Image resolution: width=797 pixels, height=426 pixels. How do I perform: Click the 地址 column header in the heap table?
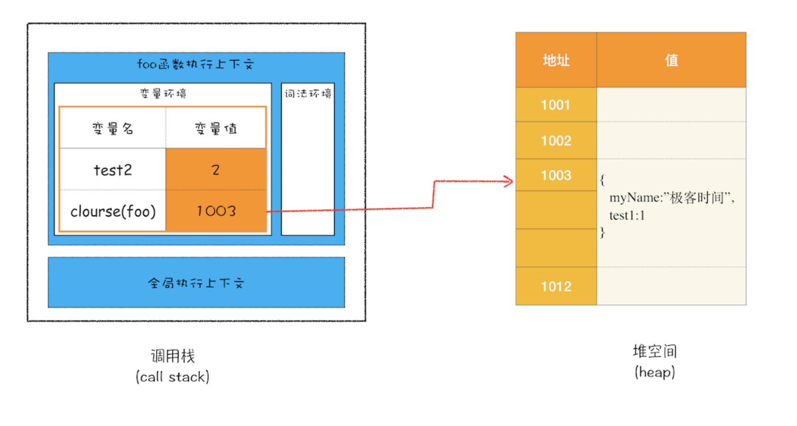(556, 60)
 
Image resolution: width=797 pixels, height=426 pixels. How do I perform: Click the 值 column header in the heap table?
(671, 60)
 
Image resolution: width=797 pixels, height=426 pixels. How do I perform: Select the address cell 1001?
(556, 104)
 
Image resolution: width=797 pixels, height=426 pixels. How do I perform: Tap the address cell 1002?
(556, 140)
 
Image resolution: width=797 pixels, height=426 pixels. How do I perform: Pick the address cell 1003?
(556, 175)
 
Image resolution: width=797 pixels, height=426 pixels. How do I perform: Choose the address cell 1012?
(556, 286)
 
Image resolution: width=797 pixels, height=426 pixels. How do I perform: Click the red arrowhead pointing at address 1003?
(509, 181)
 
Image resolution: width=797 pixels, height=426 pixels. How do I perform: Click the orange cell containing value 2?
(216, 169)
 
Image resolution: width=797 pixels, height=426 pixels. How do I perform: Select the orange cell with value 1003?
(216, 211)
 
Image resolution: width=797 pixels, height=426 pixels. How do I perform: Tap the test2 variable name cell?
(113, 169)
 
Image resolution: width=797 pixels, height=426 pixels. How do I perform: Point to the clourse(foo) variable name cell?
(113, 211)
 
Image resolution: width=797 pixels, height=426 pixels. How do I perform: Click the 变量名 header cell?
(113, 128)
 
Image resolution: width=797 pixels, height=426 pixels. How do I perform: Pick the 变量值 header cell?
(216, 128)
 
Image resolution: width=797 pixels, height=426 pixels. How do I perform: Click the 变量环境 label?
(163, 94)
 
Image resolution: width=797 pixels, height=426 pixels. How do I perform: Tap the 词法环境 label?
(308, 94)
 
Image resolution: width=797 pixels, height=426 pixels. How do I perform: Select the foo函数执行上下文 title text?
(196, 64)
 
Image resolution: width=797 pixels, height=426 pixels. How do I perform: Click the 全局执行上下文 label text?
(196, 283)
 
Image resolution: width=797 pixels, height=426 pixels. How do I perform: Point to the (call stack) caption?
(173, 376)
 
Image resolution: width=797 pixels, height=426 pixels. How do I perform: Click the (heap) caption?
(655, 372)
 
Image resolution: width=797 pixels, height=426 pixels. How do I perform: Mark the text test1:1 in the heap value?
(627, 215)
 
